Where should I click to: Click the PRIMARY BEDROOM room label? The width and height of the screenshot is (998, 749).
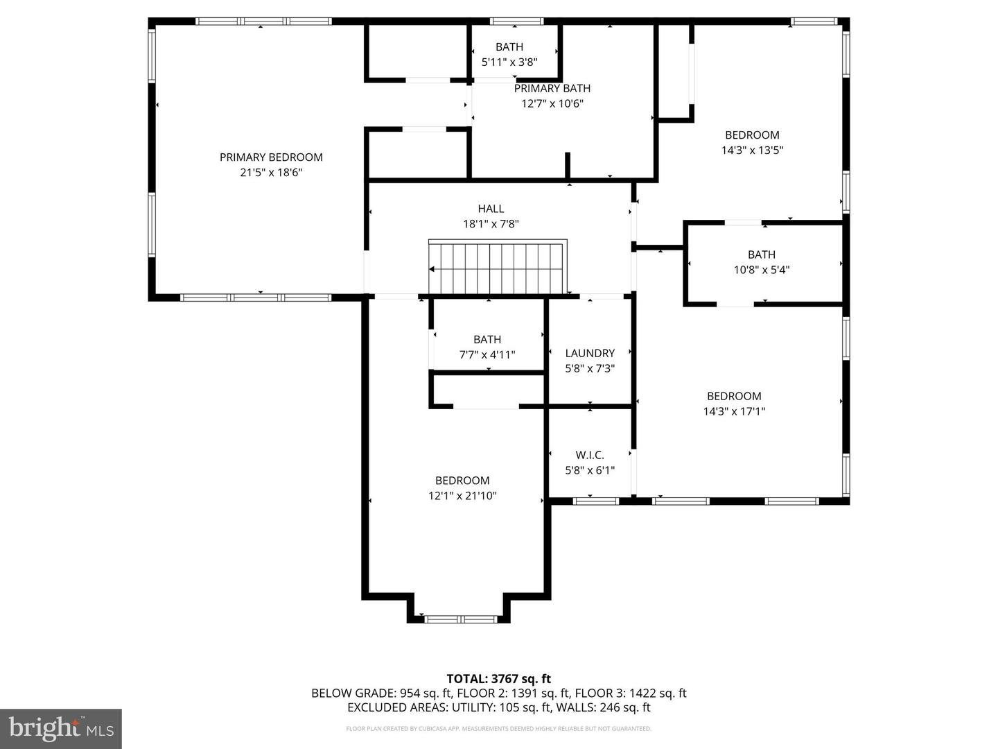[x=271, y=157]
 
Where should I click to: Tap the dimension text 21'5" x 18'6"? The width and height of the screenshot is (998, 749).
[x=271, y=173]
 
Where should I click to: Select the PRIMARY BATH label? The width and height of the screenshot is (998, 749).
[x=552, y=89]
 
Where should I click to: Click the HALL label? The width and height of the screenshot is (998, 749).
[x=491, y=209]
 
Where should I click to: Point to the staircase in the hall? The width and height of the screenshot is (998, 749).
[x=498, y=268]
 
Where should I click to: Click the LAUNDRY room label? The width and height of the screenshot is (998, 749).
[x=590, y=353]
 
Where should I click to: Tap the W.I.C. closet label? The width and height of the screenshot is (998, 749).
[x=590, y=455]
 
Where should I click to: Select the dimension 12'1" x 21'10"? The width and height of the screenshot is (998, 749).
[x=462, y=496]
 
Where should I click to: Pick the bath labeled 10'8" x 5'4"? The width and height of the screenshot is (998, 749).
[x=762, y=262]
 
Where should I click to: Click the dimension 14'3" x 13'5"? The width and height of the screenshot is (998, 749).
[x=752, y=150]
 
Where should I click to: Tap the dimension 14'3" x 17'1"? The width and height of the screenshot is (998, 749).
[x=734, y=411]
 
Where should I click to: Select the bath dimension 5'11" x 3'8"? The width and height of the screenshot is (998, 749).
[x=509, y=62]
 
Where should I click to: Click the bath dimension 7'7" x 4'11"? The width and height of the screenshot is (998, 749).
[x=487, y=355]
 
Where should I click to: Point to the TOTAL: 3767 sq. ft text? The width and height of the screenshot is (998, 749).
[x=498, y=679]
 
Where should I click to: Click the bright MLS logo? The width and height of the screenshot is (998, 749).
[x=61, y=728]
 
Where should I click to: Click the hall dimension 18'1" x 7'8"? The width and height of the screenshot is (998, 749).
[x=491, y=224]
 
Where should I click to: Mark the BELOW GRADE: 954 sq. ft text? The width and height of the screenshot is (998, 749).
[x=381, y=694]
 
